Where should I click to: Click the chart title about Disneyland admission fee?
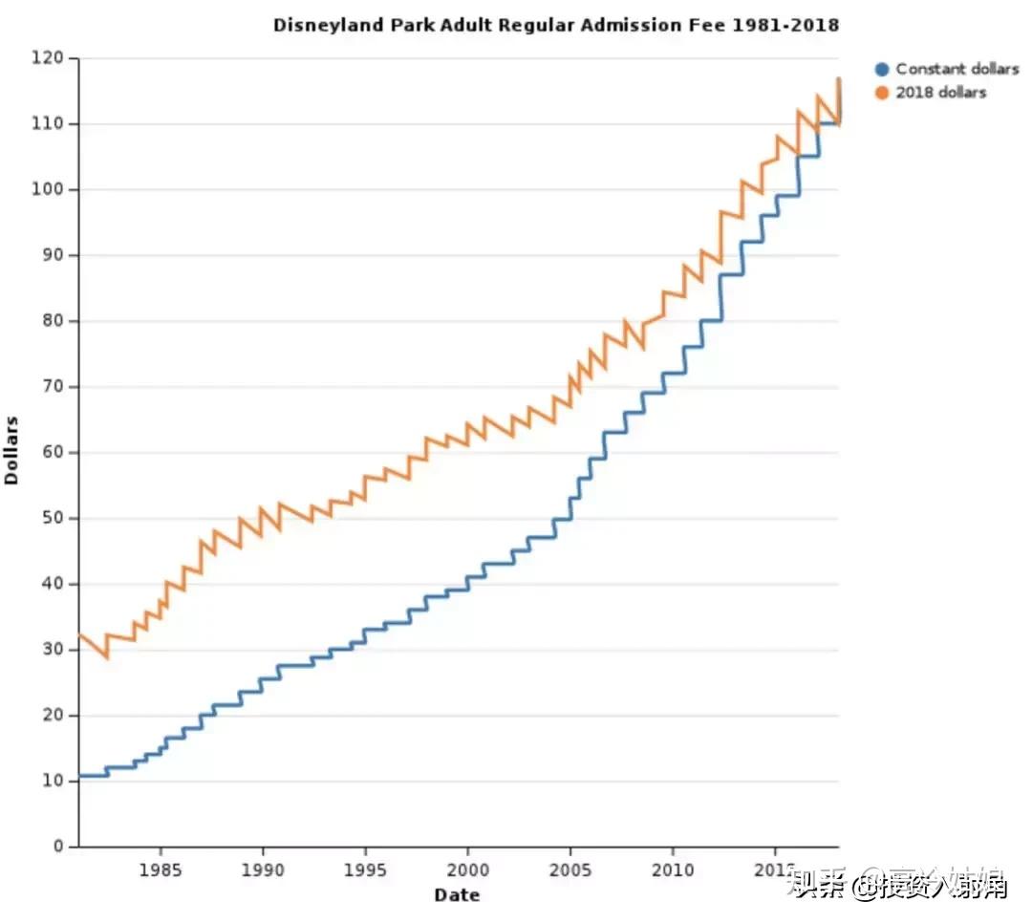click(x=556, y=25)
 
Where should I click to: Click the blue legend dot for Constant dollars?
click(x=882, y=69)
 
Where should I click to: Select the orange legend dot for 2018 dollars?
click(x=882, y=93)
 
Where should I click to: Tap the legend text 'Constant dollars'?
click(x=957, y=69)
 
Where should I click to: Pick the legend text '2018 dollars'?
click(x=940, y=93)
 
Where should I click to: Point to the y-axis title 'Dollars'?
click(x=12, y=449)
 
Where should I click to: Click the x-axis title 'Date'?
click(x=457, y=895)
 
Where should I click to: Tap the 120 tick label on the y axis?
click(x=53, y=58)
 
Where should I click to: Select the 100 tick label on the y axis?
click(x=53, y=190)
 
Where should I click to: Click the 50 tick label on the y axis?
click(x=56, y=518)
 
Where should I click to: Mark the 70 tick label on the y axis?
click(x=56, y=387)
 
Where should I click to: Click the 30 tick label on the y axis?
click(x=56, y=650)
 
